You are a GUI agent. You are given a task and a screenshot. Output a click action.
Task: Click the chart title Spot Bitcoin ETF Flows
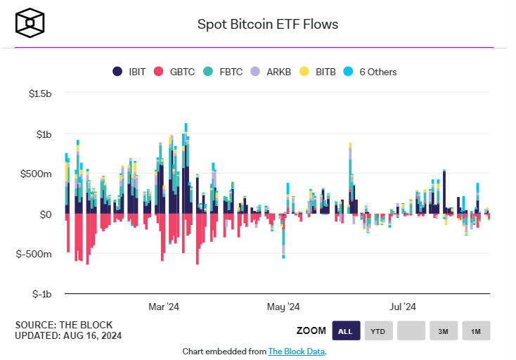pos(268,24)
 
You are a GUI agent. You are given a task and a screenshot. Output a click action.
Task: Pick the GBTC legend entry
pos(176,72)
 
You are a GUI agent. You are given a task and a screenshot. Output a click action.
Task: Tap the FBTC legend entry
pos(224,72)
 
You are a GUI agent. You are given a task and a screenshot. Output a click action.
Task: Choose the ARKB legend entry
pos(272,72)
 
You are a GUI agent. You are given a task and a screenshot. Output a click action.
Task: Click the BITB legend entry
pos(318,72)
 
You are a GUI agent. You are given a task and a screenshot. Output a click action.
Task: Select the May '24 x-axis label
pos(284,307)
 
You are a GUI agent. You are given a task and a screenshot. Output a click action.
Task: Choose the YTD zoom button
pos(378,330)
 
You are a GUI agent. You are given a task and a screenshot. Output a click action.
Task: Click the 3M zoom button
pos(444,330)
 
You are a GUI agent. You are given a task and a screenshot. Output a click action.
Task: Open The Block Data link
pos(297,351)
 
